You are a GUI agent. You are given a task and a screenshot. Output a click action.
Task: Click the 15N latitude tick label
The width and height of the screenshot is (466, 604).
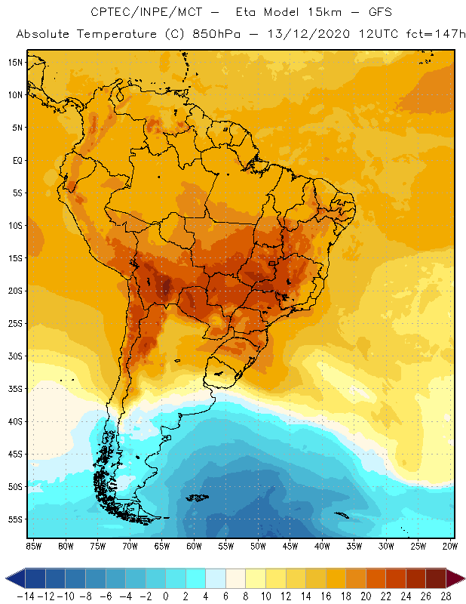(14, 62)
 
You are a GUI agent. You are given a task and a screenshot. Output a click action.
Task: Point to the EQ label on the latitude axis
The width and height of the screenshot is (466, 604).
(16, 160)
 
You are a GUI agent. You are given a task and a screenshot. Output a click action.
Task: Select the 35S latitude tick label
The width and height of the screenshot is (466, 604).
(14, 388)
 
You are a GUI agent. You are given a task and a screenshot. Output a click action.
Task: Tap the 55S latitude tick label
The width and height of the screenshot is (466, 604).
(14, 519)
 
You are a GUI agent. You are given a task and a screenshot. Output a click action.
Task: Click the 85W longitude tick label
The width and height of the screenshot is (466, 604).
(33, 545)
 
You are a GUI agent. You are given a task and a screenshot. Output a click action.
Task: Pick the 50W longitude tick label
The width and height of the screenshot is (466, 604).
(259, 545)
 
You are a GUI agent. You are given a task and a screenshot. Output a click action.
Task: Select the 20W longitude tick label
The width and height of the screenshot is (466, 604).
(449, 545)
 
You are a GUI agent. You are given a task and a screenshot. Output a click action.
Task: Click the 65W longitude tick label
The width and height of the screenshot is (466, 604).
(162, 545)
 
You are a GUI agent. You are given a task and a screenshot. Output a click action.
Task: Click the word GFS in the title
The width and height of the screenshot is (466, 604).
(379, 13)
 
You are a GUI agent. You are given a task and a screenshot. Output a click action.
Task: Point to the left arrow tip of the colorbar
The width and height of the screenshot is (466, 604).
(7, 578)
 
